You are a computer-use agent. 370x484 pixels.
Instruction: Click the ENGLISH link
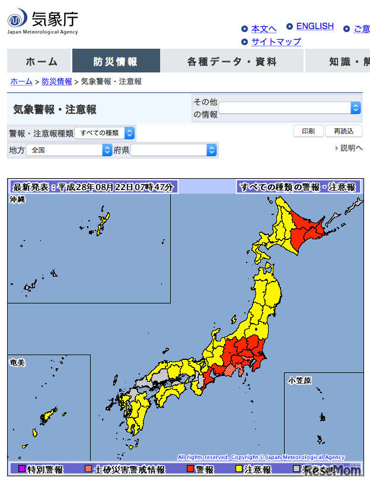(314, 27)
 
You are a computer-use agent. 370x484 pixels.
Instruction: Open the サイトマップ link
(276, 42)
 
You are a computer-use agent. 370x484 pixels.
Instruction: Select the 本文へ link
(263, 29)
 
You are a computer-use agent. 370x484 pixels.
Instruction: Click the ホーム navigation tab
(42, 61)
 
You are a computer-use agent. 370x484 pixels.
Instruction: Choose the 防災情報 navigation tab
(116, 61)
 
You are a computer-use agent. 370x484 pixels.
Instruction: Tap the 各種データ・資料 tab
(232, 61)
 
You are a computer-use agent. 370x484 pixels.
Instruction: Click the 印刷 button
(308, 131)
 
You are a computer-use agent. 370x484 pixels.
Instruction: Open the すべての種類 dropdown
(104, 133)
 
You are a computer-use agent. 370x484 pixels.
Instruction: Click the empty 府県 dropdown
(174, 150)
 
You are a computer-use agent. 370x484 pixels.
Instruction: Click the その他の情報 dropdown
(290, 107)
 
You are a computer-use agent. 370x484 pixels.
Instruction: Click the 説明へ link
(350, 148)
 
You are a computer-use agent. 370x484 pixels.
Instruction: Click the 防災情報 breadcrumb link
(57, 82)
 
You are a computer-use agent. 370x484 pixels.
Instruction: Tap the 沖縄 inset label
(18, 200)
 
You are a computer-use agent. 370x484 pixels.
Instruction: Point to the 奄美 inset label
(18, 362)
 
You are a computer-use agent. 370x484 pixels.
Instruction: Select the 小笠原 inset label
(300, 379)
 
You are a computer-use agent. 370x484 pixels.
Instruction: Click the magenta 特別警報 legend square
(21, 469)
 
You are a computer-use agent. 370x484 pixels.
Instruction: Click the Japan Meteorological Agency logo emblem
(17, 19)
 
